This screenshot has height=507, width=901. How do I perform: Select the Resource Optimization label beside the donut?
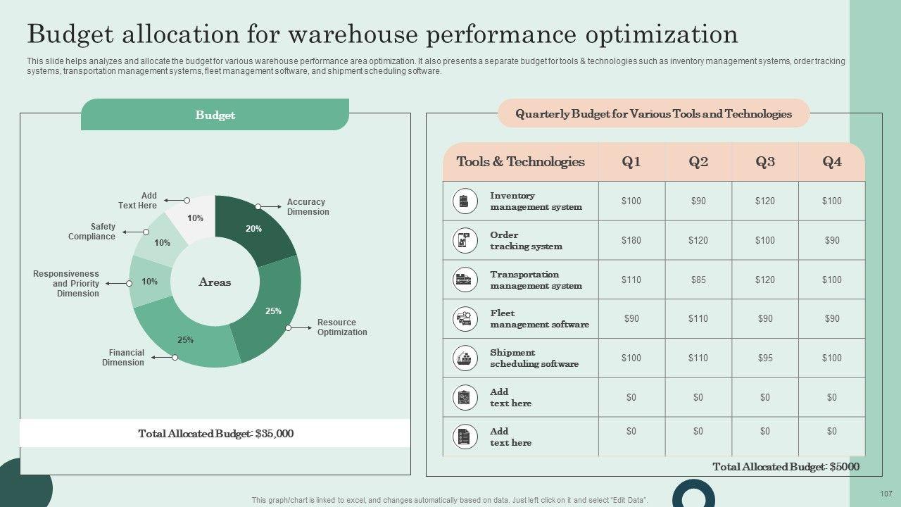point(341,327)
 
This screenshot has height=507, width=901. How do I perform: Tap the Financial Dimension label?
point(126,358)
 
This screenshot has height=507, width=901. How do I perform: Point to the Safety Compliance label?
point(92,232)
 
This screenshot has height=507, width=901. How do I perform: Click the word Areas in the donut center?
point(215,282)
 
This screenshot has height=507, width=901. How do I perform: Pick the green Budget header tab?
point(215,115)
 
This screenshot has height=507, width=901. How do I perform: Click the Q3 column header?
point(765,162)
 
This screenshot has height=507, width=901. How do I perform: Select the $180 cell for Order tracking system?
point(631,241)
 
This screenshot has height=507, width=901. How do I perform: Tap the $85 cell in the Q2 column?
point(698,280)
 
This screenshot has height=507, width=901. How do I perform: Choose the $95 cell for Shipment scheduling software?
point(765,358)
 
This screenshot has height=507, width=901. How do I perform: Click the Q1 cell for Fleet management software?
point(631,319)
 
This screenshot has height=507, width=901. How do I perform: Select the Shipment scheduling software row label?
point(534,358)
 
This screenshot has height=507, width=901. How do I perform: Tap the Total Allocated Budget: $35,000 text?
point(215,434)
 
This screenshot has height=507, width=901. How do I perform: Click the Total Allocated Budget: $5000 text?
point(786,467)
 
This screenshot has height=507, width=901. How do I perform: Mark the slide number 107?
point(886,494)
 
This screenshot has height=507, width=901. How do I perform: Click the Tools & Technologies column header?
point(520,162)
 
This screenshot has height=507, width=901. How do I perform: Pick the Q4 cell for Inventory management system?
point(832,201)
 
